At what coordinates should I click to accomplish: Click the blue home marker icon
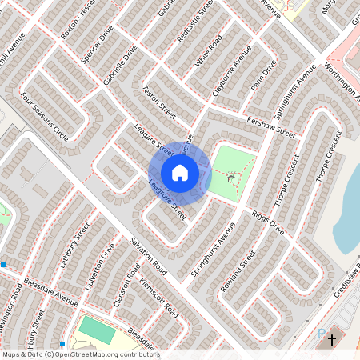(180, 172)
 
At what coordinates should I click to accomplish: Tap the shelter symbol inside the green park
(231, 178)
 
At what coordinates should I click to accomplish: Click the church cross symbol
(332, 340)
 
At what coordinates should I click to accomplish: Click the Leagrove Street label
(167, 201)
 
